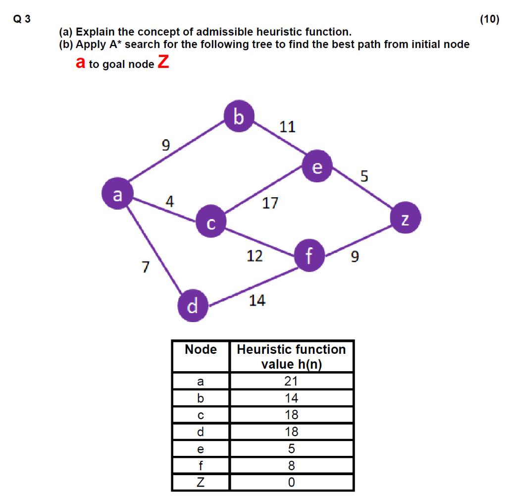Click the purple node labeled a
point(117,194)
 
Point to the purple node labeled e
point(317,168)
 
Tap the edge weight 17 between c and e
point(270,203)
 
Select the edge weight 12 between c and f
point(254,256)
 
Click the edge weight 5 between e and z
point(364,176)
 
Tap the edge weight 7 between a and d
point(145,267)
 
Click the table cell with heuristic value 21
point(291,381)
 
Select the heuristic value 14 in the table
point(291,398)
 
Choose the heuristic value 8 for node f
point(291,465)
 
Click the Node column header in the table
point(201,350)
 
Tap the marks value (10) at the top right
point(490,20)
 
